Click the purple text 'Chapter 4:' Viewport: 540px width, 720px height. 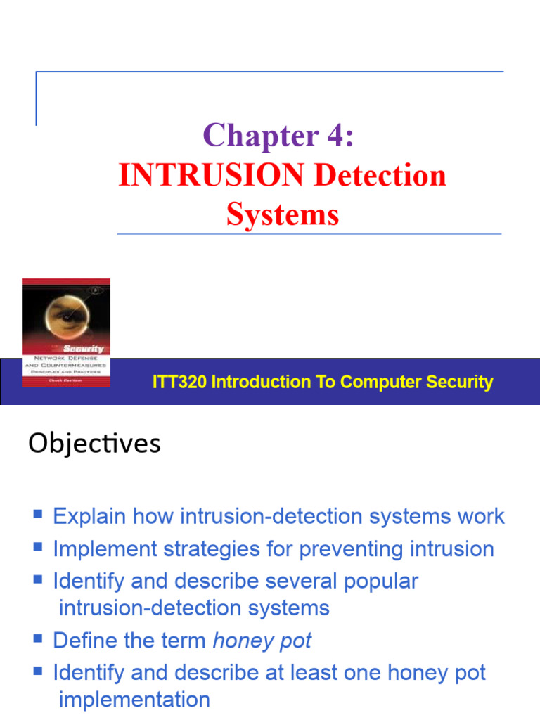(278, 136)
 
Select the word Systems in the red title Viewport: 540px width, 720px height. (283, 214)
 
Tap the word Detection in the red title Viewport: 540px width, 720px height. (380, 176)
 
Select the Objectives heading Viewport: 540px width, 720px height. (94, 444)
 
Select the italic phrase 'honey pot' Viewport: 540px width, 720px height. (262, 641)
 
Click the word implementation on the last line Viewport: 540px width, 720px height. (134, 700)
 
